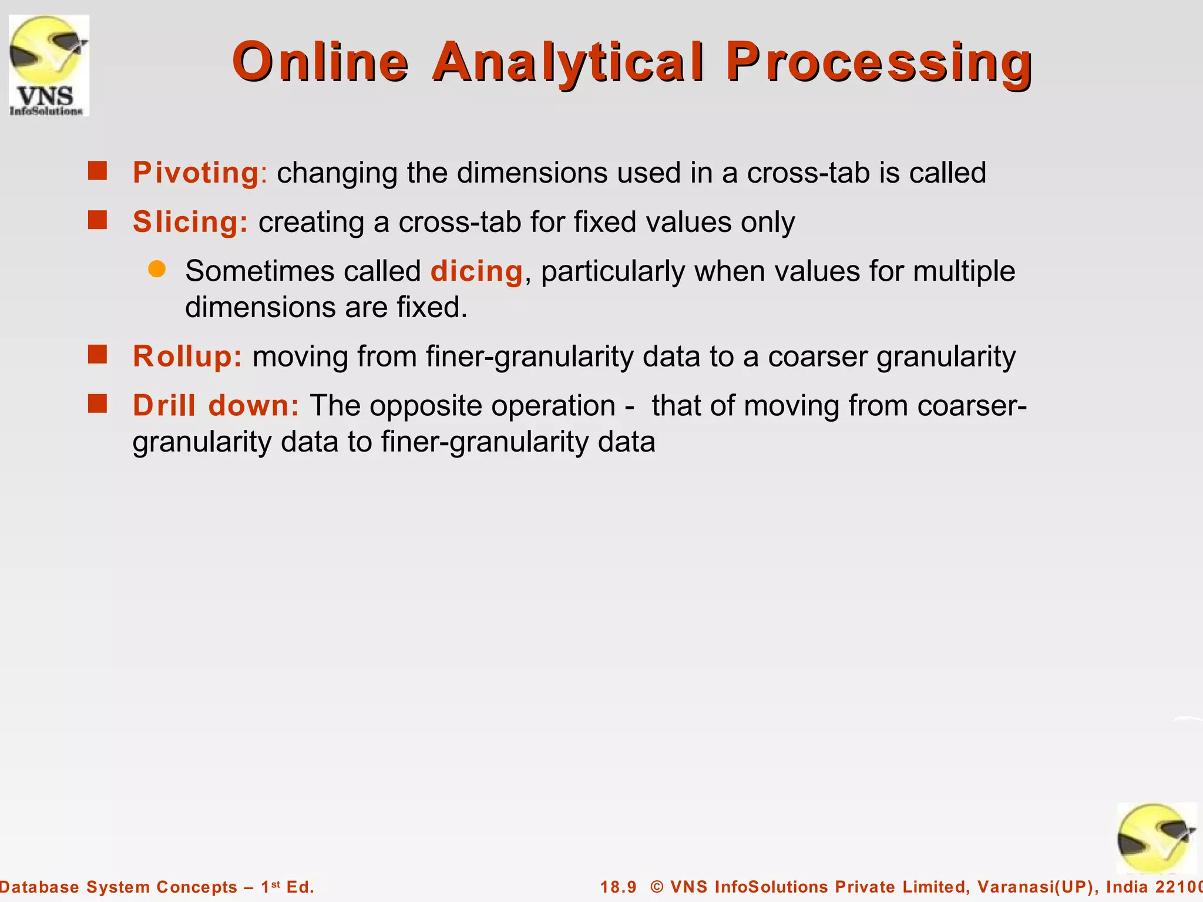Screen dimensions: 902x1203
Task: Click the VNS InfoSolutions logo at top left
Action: click(x=49, y=65)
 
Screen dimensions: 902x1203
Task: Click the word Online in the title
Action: click(x=320, y=62)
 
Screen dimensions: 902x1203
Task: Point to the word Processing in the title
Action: click(x=879, y=62)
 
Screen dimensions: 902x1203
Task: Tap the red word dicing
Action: click(x=476, y=271)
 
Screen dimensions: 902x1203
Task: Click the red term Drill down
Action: click(x=216, y=406)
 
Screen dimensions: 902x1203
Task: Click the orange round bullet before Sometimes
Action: click(x=157, y=270)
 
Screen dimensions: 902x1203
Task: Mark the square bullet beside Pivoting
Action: click(x=98, y=171)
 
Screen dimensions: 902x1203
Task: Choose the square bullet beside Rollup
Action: click(x=98, y=355)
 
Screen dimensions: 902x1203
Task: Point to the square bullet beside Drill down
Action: click(x=98, y=404)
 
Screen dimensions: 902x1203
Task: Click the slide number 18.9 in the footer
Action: click(x=618, y=887)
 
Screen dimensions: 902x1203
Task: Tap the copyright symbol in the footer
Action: click(x=657, y=887)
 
